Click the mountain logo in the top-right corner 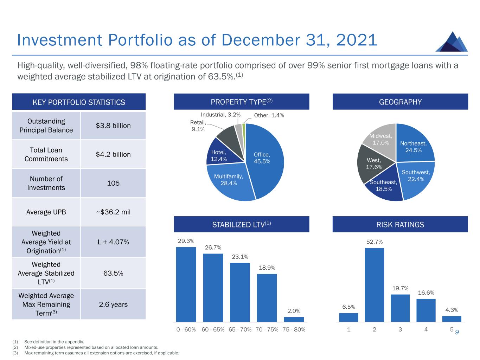(452, 42)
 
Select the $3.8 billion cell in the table (113, 126)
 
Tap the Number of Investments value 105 (113, 183)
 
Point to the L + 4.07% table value (113, 242)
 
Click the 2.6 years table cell (113, 304)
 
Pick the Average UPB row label (46, 212)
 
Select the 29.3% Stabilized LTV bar (186, 284)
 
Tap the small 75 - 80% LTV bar (294, 319)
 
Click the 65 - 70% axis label (240, 330)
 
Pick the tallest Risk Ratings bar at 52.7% (375, 285)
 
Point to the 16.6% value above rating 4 (426, 292)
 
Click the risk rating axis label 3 (400, 330)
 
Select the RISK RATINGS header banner (400, 225)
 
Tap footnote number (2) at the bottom (15, 347)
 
